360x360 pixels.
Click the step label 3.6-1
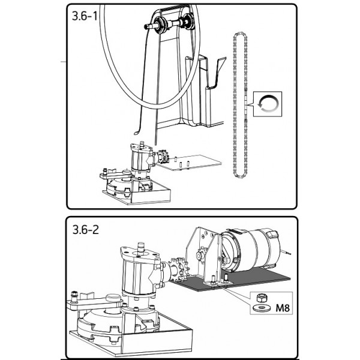click(85, 16)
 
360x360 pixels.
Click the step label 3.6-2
click(85, 229)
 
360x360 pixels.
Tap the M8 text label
click(283, 308)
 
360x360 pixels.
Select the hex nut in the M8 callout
click(262, 298)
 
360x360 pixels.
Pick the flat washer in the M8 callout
click(261, 308)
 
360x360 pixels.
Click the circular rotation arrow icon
click(268, 104)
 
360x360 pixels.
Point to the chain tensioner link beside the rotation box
click(246, 103)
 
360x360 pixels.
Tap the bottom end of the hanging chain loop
click(240, 176)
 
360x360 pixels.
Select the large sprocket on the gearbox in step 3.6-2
click(179, 270)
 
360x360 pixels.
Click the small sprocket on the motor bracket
click(201, 254)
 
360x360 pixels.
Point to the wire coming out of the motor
click(286, 252)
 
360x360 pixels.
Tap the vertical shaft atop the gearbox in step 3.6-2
click(140, 248)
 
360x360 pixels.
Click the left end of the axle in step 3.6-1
click(145, 26)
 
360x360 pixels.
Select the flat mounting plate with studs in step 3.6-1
click(190, 163)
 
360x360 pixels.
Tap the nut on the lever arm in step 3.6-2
click(74, 294)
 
